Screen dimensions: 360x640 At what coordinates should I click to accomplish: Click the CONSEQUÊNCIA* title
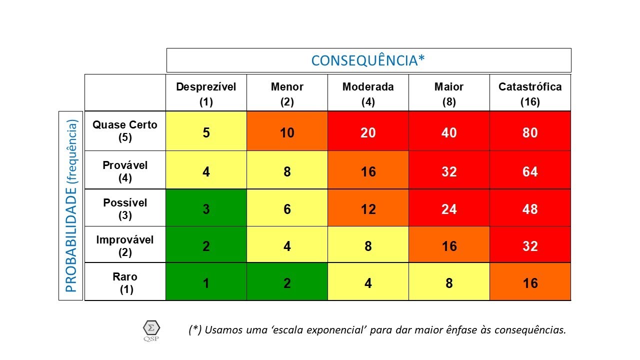368,60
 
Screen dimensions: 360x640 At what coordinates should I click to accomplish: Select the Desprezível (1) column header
206,93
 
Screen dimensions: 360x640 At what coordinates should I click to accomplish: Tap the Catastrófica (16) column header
530,93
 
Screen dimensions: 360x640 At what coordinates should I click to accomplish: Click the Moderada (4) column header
368,93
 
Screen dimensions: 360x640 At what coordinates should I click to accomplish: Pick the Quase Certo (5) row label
125,131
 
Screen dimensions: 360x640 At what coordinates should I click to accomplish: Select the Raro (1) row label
125,282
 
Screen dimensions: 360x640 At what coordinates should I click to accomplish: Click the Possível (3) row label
125,208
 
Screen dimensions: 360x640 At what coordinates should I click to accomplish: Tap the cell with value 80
530,132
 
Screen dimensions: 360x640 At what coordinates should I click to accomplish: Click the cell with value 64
530,171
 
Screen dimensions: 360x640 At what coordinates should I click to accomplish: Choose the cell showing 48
530,209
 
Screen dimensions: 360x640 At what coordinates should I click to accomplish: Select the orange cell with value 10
287,132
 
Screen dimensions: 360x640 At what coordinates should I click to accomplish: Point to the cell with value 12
368,209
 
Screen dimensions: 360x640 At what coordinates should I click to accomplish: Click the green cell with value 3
206,209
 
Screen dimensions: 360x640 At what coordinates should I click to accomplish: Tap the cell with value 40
449,132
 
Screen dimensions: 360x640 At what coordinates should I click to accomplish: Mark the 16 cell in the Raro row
530,283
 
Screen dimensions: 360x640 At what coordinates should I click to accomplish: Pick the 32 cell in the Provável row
449,171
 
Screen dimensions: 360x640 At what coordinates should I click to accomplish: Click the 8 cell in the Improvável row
368,246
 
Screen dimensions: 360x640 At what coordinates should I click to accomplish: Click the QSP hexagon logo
151,329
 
